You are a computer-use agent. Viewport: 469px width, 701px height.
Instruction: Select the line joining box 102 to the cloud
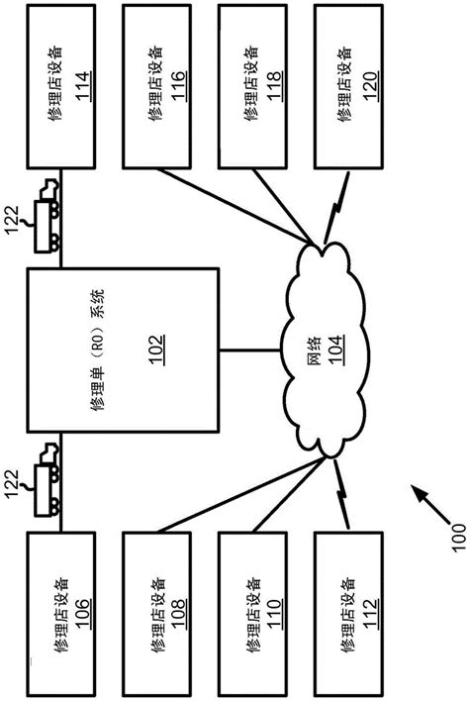[247, 349]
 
